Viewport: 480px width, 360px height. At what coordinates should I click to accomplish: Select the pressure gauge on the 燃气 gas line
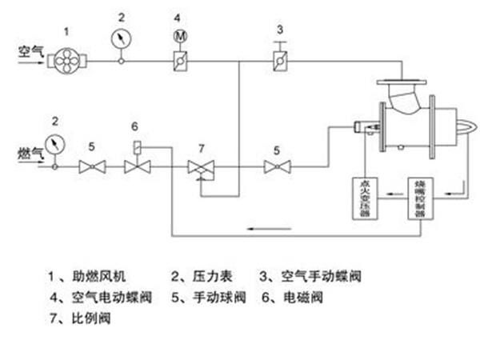click(54, 145)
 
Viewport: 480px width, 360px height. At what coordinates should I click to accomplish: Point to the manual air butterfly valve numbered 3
click(280, 60)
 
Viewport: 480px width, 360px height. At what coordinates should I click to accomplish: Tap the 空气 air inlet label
click(30, 50)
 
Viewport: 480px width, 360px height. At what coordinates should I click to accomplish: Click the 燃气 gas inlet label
click(29, 152)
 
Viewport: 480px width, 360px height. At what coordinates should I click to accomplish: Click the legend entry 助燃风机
click(93, 278)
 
